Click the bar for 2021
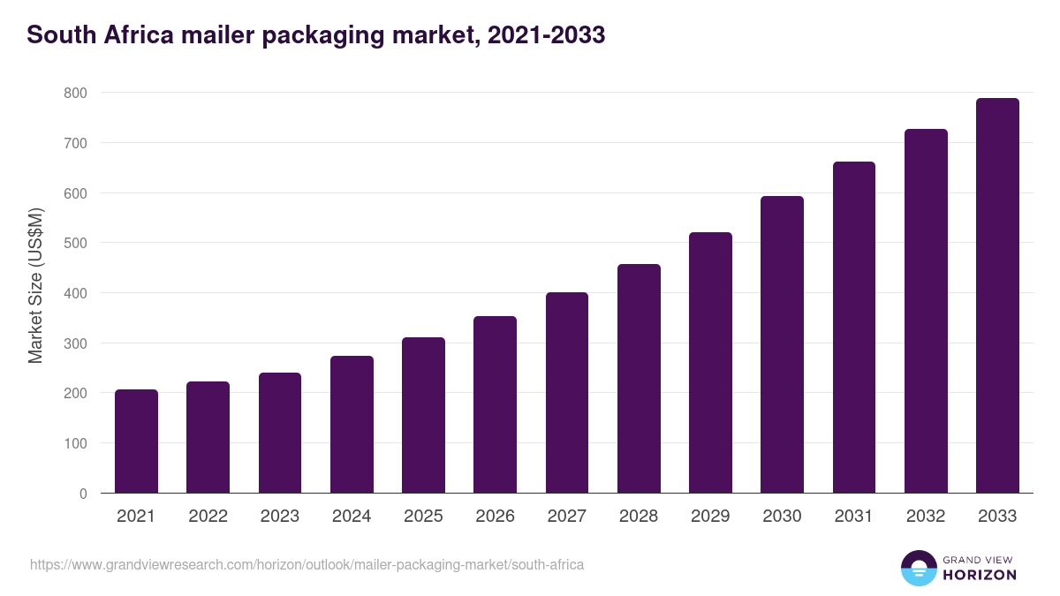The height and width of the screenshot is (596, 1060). tap(136, 441)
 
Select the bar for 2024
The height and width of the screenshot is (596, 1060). tap(352, 425)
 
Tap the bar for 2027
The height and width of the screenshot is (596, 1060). tap(567, 393)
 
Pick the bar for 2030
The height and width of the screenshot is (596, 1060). tap(783, 345)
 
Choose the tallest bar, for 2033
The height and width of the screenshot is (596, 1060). tap(997, 296)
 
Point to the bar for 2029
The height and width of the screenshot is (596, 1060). tap(710, 363)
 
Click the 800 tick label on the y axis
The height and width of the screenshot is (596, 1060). tap(75, 93)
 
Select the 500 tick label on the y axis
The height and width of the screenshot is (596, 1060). tap(75, 243)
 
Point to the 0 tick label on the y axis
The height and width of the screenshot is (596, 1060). tap(83, 494)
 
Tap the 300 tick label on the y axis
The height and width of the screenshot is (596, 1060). tap(75, 343)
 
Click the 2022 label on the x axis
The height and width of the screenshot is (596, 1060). tap(208, 517)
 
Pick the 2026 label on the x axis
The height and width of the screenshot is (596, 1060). tap(495, 517)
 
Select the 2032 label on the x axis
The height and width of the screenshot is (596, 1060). tap(926, 517)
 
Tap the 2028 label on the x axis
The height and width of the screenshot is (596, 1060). tap(639, 517)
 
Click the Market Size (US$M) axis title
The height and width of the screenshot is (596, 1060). tap(35, 285)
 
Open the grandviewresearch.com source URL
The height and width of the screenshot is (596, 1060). tap(307, 564)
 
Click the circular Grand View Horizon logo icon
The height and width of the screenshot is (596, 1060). tap(918, 568)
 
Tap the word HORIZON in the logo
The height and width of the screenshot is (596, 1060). tap(980, 575)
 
